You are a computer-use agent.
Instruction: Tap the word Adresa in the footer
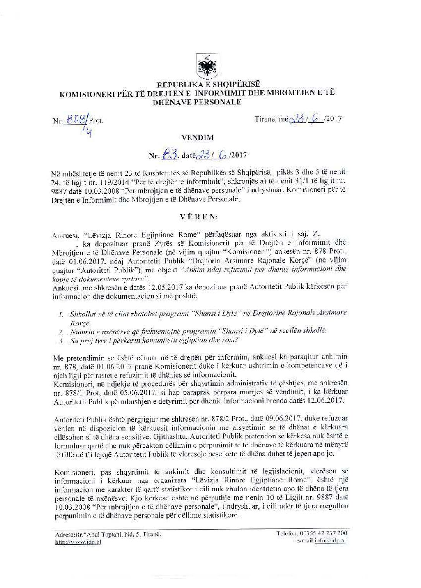[64, 535]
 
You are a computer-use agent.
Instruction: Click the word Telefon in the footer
[287, 533]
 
